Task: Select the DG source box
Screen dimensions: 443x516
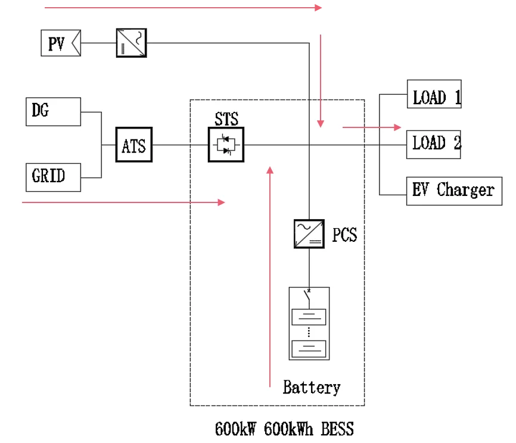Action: tap(53, 111)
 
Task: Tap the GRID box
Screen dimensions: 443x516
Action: tap(53, 177)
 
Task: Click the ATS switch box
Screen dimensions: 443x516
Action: tap(134, 145)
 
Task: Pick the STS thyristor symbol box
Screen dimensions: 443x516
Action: tap(226, 145)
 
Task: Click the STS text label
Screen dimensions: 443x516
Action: tap(226, 119)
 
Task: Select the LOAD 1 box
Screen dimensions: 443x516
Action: tap(434, 94)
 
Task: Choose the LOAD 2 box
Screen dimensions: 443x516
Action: tap(434, 144)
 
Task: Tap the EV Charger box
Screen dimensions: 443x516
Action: tap(453, 191)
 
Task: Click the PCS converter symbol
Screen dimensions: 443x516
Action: tap(309, 233)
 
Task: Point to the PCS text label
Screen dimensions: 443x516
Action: tap(344, 235)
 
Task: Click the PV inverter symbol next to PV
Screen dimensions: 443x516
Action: tap(131, 42)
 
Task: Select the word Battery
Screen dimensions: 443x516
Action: tap(311, 388)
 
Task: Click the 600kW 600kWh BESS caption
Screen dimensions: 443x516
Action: tap(284, 428)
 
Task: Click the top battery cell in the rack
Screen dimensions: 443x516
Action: tap(309, 317)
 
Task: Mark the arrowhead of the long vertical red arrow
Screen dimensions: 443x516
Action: tap(271, 170)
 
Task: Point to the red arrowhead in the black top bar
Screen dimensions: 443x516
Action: tap(319, 8)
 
